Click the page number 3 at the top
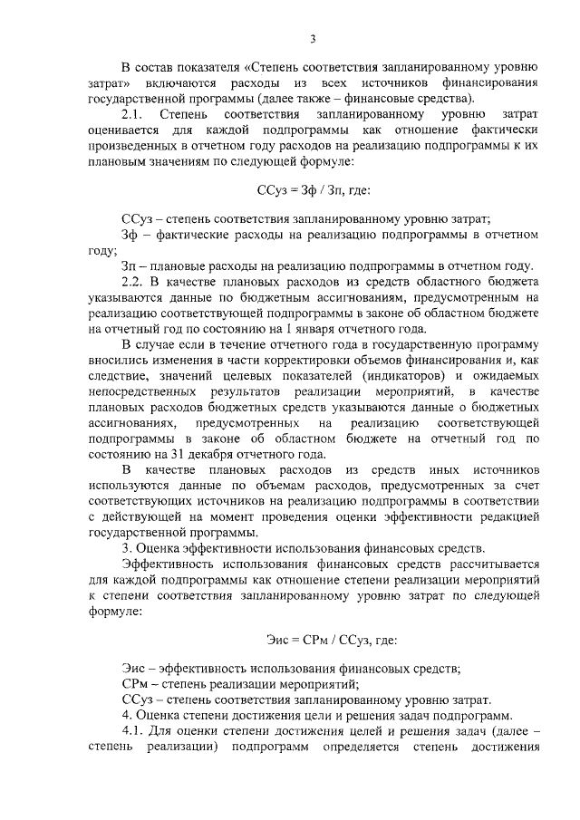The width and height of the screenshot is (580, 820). [x=312, y=38]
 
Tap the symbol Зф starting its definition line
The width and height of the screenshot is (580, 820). [x=130, y=235]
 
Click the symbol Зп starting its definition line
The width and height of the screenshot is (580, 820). [x=130, y=266]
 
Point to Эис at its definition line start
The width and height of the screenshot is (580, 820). [x=133, y=669]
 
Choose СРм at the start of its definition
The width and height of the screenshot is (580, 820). [x=135, y=684]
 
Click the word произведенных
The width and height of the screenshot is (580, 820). [x=133, y=145]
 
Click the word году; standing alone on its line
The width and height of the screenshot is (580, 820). [x=104, y=250]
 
